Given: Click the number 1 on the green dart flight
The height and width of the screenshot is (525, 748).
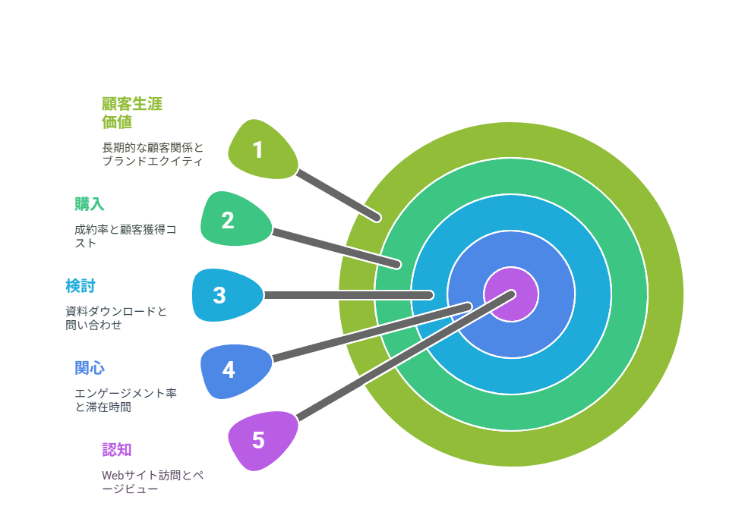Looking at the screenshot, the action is (257, 150).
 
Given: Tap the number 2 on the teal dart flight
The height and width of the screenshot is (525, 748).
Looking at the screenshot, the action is (228, 220).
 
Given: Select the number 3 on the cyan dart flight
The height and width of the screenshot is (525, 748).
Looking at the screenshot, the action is (219, 295).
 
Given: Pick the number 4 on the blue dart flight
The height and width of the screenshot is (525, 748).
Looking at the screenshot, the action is (229, 369).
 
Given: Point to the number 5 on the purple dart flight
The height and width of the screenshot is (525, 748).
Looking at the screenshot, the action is (258, 440).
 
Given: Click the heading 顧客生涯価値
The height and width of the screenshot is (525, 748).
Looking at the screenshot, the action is (132, 113).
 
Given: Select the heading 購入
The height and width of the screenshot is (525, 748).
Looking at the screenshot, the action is (89, 204).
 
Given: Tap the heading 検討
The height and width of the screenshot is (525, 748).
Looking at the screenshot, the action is (80, 286).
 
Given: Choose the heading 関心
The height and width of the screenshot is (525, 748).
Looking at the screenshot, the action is (90, 368).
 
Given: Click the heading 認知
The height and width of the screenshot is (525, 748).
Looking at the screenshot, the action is (117, 450).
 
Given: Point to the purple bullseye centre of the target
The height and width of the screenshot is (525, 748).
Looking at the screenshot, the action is (511, 294).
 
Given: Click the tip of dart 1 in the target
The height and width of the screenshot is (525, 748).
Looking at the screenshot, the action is (377, 218).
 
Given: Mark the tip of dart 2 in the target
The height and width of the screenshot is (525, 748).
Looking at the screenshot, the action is (397, 265).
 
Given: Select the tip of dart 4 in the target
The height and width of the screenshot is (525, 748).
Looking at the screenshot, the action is (469, 307).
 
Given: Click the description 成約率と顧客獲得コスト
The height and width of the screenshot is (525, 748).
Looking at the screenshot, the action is (125, 236).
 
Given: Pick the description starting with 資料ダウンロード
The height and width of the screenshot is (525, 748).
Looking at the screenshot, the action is (116, 318).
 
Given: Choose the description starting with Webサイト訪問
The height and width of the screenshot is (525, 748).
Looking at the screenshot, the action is (153, 482).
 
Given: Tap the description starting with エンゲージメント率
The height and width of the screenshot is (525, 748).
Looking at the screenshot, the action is (126, 400).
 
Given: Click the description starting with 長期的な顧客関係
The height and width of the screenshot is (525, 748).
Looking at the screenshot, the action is (153, 154).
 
